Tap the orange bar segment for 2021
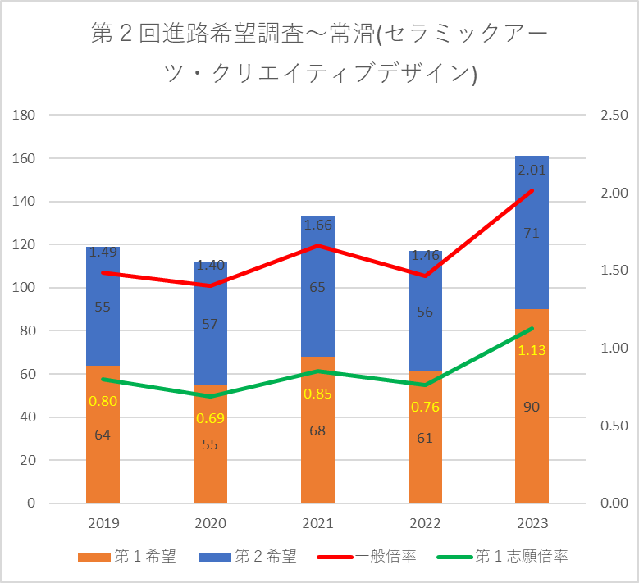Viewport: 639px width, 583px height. point(317,467)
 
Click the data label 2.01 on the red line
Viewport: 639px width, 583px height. point(532,170)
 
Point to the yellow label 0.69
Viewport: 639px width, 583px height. point(210,418)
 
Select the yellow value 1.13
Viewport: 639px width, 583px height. point(532,350)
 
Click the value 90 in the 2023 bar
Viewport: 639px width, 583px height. point(532,407)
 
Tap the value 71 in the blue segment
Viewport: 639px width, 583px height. point(532,234)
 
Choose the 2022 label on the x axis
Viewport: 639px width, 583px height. point(425,523)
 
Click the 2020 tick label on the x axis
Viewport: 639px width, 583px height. point(210,523)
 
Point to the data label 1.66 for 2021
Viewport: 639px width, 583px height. point(317,224)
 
